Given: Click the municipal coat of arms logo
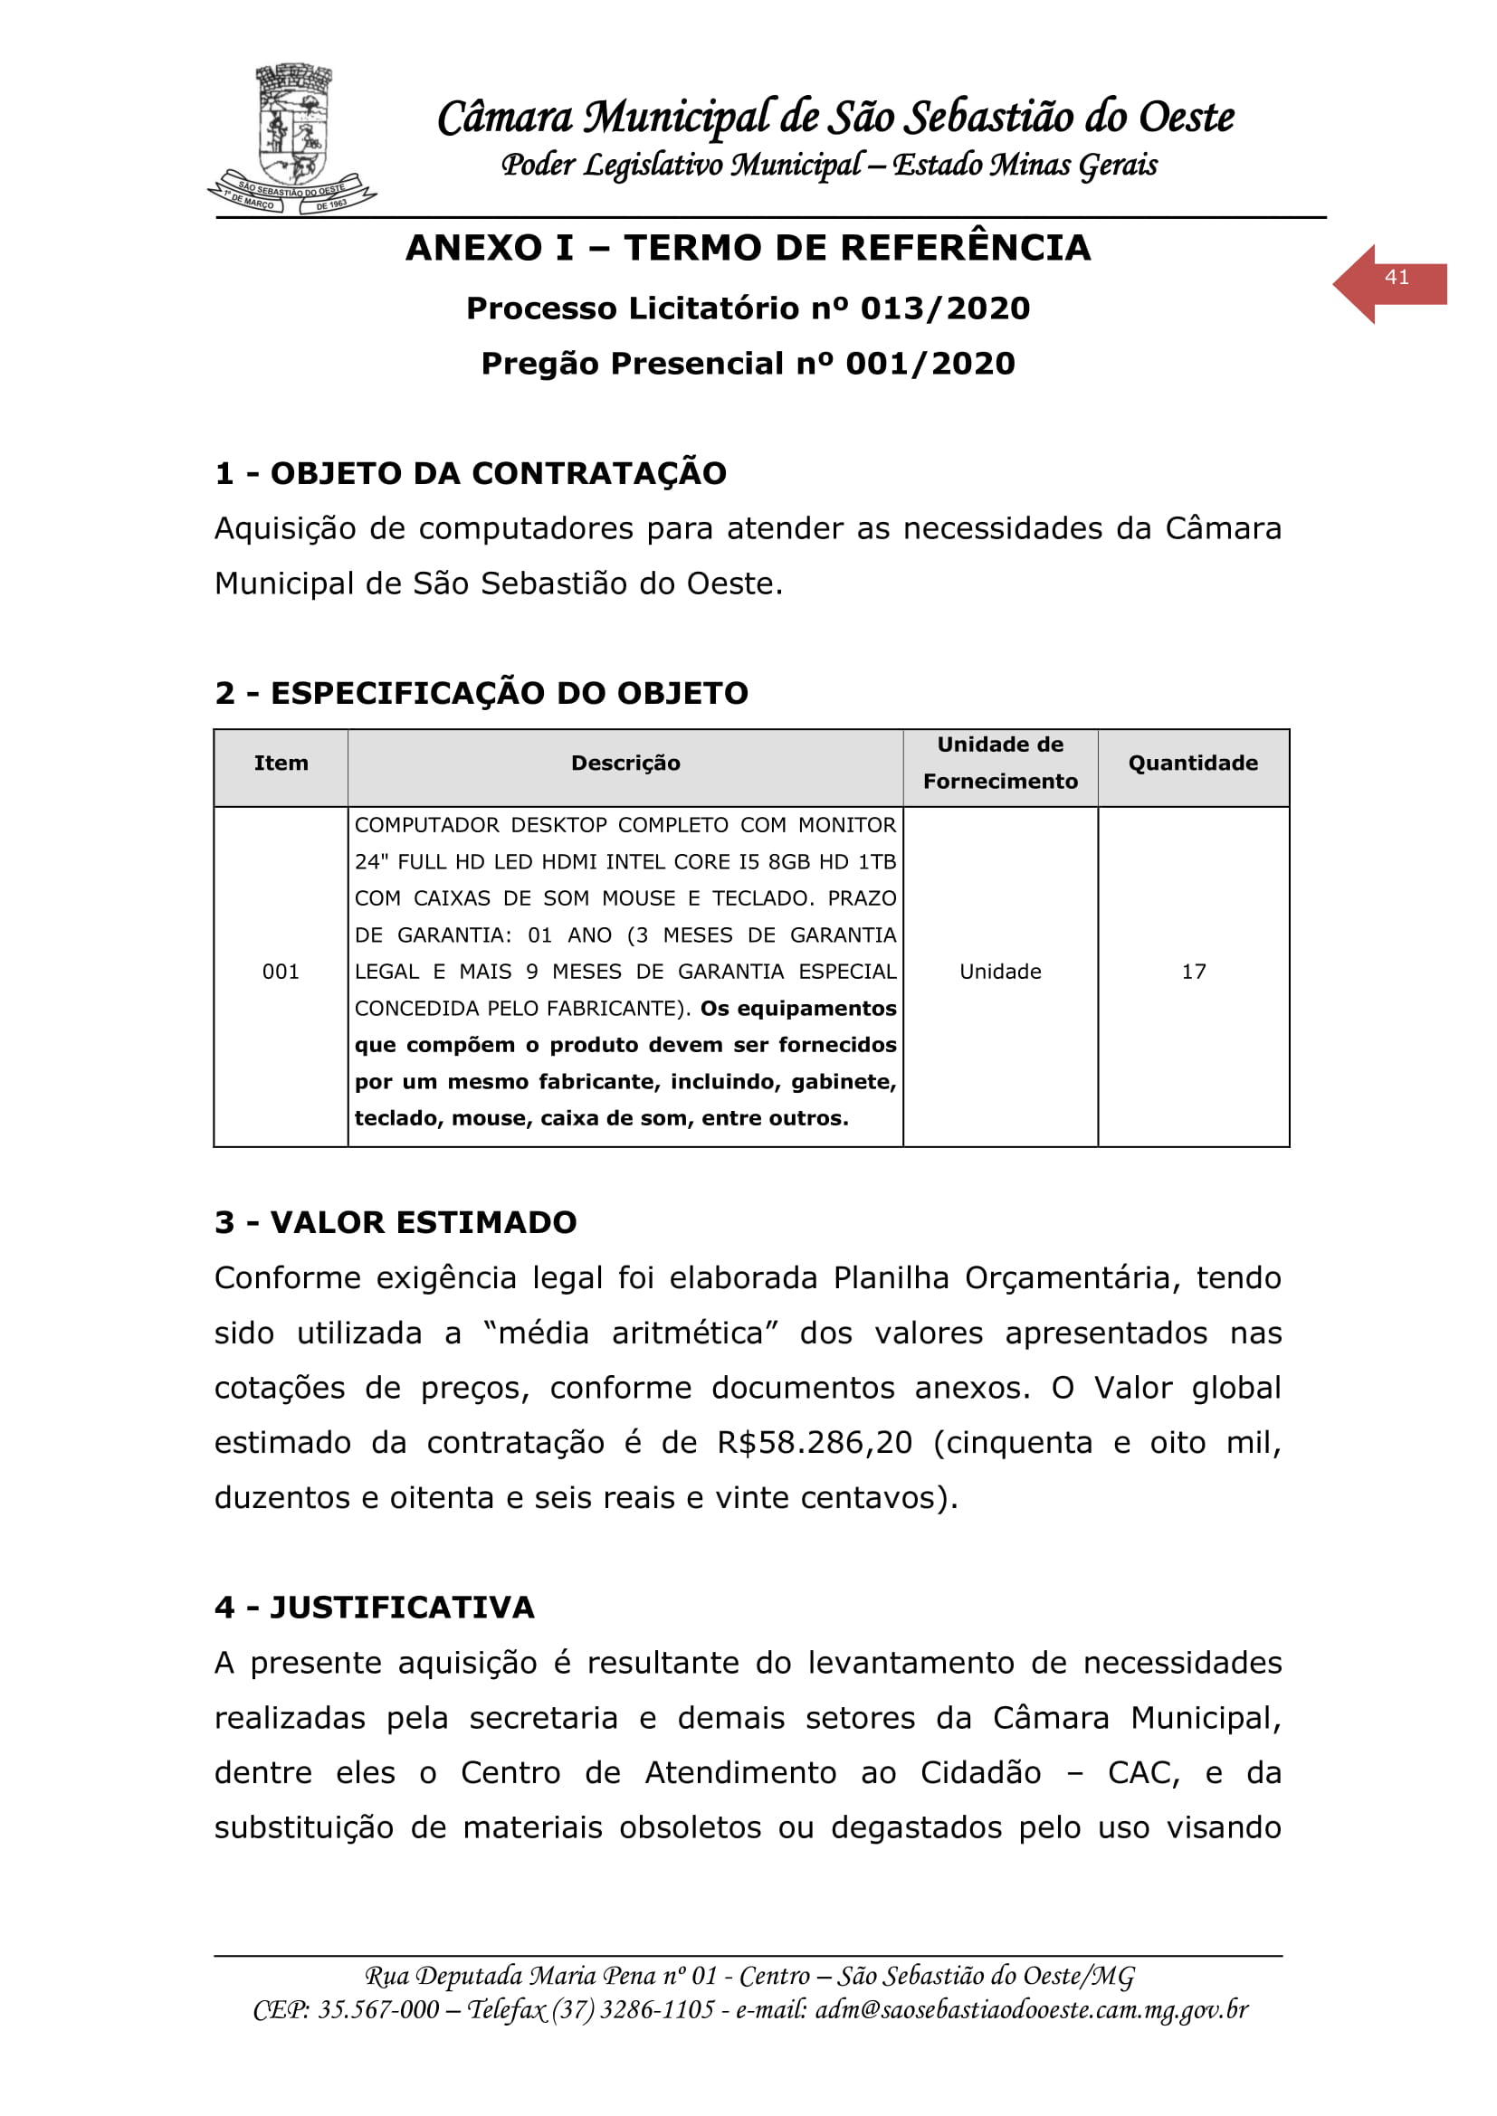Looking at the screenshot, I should pyautogui.click(x=292, y=138).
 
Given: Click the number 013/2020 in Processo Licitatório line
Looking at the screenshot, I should pyautogui.click(x=945, y=308).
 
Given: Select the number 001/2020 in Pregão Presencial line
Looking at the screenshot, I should pyautogui.click(x=930, y=364).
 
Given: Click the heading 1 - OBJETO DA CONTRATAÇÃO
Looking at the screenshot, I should pyautogui.click(x=470, y=474).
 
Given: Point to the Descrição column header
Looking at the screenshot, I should pyautogui.click(x=625, y=764).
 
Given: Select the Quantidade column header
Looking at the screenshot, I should pyautogui.click(x=1193, y=764).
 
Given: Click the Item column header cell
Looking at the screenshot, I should pyautogui.click(x=281, y=764).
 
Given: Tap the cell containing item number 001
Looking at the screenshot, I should pyautogui.click(x=281, y=972).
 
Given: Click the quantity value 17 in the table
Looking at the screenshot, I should pyautogui.click(x=1194, y=972).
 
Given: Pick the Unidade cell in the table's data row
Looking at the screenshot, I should pyautogui.click(x=1000, y=972).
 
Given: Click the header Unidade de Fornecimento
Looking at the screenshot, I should pyautogui.click(x=1000, y=764).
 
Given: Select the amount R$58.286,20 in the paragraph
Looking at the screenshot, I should pyautogui.click(x=815, y=1442).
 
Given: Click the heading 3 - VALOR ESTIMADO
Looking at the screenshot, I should pyautogui.click(x=396, y=1223).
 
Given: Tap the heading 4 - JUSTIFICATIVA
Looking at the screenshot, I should pyautogui.click(x=375, y=1608).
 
